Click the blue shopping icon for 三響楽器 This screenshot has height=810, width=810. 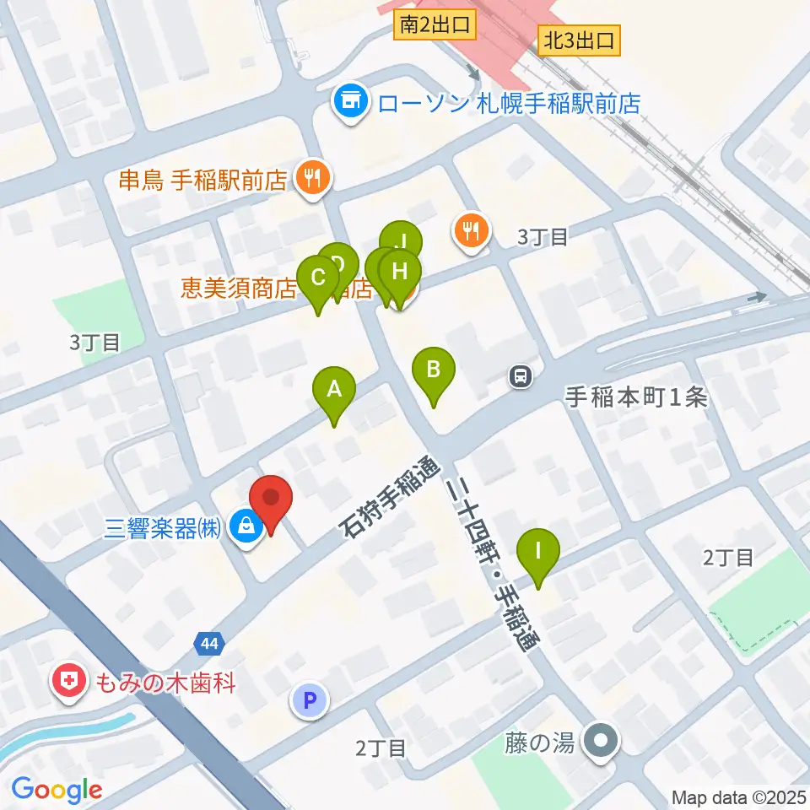click(246, 526)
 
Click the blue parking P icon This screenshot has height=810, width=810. click(309, 699)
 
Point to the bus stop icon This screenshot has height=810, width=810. click(521, 376)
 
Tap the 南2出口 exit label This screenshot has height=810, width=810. click(435, 26)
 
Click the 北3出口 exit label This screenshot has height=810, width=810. click(580, 39)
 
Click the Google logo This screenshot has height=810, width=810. click(57, 791)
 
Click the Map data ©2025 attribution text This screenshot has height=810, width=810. click(739, 797)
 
